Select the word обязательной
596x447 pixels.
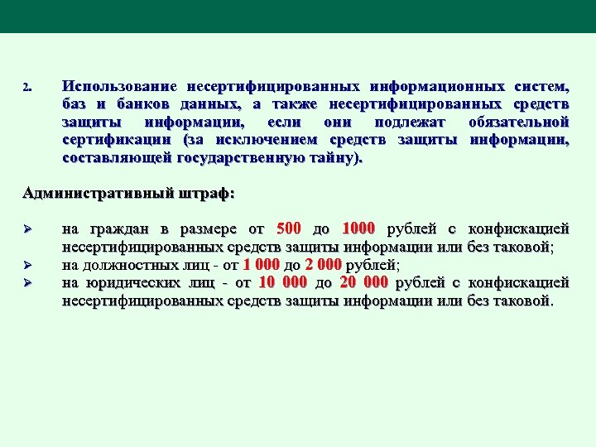click(518, 122)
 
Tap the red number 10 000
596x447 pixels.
click(282, 282)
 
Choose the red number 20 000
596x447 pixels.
click(363, 282)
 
